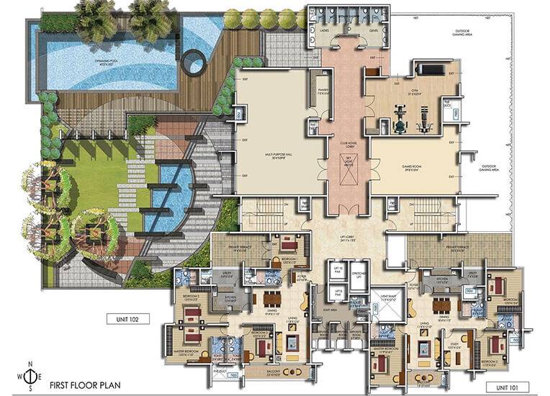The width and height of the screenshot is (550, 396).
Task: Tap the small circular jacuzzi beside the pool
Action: [193, 63]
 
